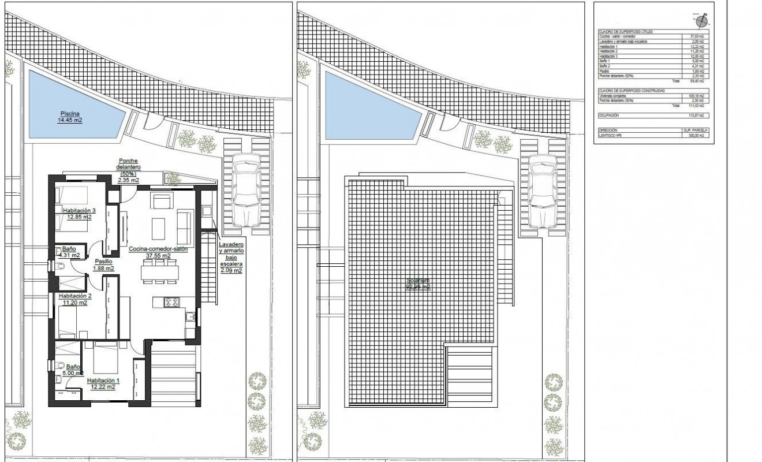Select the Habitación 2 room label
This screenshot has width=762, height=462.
(73, 299)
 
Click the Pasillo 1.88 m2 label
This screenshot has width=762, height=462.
(103, 264)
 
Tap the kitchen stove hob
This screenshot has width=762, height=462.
(172, 301)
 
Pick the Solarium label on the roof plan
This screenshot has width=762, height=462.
(418, 284)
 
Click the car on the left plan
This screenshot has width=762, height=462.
(246, 193)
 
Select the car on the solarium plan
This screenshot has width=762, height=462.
(542, 193)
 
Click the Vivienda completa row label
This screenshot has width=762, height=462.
(617, 96)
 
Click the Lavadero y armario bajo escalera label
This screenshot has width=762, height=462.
(231, 257)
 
